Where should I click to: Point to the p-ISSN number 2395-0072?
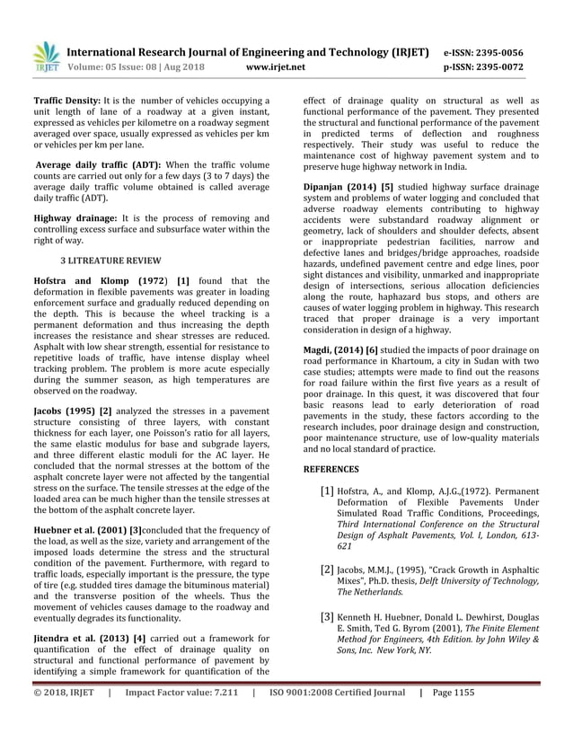[509, 66]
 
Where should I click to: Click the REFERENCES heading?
[331, 469]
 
